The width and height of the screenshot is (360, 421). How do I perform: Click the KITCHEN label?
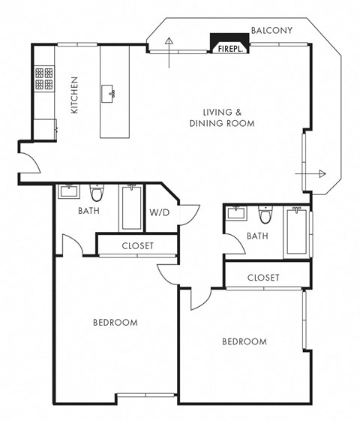74,95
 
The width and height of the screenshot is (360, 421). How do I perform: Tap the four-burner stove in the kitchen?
43,77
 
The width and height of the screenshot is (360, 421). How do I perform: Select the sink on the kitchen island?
112,93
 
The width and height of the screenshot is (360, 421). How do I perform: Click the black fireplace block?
228,44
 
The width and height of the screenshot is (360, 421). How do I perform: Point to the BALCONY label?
271,30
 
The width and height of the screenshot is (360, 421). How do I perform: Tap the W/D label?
159,212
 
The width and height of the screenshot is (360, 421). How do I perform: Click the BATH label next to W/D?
89,211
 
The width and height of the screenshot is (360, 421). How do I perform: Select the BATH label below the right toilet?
257,236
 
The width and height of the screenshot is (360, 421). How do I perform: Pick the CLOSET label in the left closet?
137,245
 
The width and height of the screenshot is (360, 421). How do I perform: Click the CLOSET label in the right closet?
263,277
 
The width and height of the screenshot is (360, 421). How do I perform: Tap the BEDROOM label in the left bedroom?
115,323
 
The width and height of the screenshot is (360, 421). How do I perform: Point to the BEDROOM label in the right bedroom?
244,341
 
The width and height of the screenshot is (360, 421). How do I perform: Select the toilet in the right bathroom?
265,215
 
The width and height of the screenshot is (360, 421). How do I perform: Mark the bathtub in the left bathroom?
131,206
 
